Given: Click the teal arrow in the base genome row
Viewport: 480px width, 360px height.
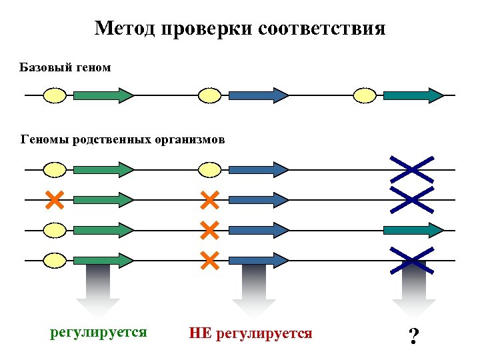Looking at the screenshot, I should tap(413, 95).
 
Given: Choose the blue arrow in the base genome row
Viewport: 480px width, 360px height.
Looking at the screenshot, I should tap(258, 95).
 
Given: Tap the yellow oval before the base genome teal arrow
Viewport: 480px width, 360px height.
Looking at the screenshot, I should tap(365, 95).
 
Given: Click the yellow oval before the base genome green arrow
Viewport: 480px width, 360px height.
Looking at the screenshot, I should tap(55, 95).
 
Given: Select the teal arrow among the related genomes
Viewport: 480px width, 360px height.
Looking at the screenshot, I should tap(413, 230).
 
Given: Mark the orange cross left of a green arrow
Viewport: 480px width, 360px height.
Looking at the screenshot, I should tap(55, 199).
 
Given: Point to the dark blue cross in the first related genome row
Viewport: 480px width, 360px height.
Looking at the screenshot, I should tap(411, 169).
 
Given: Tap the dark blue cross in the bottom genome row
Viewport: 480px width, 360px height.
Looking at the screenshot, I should tap(411, 260).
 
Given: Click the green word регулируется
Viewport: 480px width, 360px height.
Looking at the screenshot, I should tap(99, 331).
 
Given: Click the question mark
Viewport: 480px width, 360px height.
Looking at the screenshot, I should tap(414, 335).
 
